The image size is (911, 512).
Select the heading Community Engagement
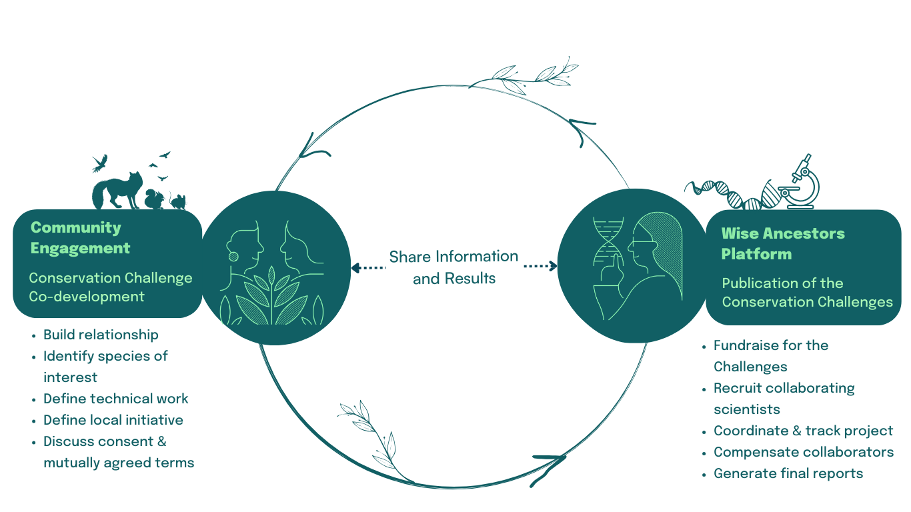pyautogui.click(x=80, y=237)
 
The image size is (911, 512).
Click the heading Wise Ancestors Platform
pyautogui.click(x=782, y=243)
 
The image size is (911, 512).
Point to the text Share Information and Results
pyautogui.click(x=453, y=267)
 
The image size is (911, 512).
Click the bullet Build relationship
pyautogui.click(x=101, y=335)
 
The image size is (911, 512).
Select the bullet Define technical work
pyautogui.click(x=115, y=399)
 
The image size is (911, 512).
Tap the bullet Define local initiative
pyautogui.click(x=113, y=420)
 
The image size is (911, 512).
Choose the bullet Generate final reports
pyautogui.click(x=788, y=473)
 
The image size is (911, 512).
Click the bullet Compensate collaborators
pyautogui.click(x=803, y=452)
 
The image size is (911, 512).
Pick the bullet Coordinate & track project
pyautogui.click(x=803, y=431)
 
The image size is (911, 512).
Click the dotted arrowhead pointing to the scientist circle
pyautogui.click(x=552, y=266)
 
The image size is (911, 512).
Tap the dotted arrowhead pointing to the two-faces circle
pyautogui.click(x=356, y=267)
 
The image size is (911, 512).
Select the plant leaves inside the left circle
pyautogui.click(x=273, y=297)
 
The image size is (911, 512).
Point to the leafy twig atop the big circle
pyautogui.click(x=527, y=74)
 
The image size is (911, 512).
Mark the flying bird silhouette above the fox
pyautogui.click(x=100, y=163)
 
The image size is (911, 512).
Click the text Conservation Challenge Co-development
pyautogui.click(x=110, y=287)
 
